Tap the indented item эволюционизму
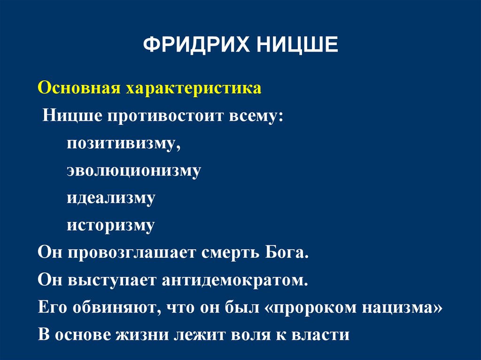pos(133,170)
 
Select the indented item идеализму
pos(110,198)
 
